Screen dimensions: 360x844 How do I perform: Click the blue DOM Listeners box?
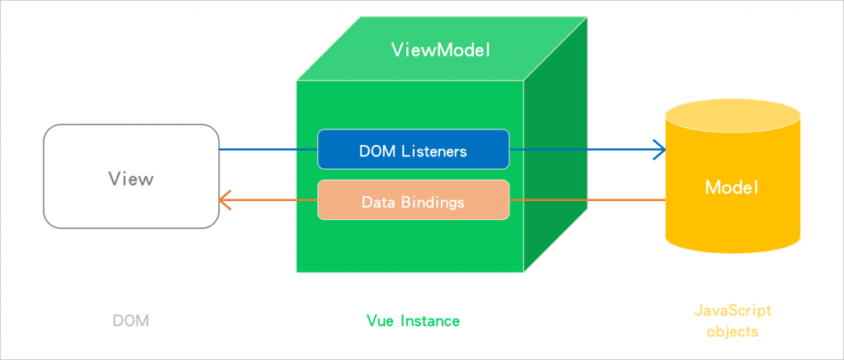[413, 151]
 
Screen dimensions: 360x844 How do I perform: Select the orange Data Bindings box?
[413, 201]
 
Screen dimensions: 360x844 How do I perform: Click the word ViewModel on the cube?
[440, 50]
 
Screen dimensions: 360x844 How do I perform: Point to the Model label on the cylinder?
[731, 187]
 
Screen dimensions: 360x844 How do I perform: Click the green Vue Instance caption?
[413, 320]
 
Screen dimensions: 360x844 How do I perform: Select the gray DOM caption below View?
[130, 320]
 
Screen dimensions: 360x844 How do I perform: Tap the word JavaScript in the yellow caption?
[732, 311]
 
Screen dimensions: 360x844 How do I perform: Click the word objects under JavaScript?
[732, 332]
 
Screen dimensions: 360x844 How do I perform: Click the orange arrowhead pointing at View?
[225, 200]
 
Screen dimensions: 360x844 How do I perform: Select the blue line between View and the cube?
[268, 150]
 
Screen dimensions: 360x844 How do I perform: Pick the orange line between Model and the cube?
[587, 200]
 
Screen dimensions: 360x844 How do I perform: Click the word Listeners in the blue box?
[436, 151]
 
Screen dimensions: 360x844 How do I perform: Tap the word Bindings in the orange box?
[433, 201]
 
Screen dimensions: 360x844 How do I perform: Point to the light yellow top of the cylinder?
[732, 113]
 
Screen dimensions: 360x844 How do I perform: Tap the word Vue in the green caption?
[380, 320]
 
